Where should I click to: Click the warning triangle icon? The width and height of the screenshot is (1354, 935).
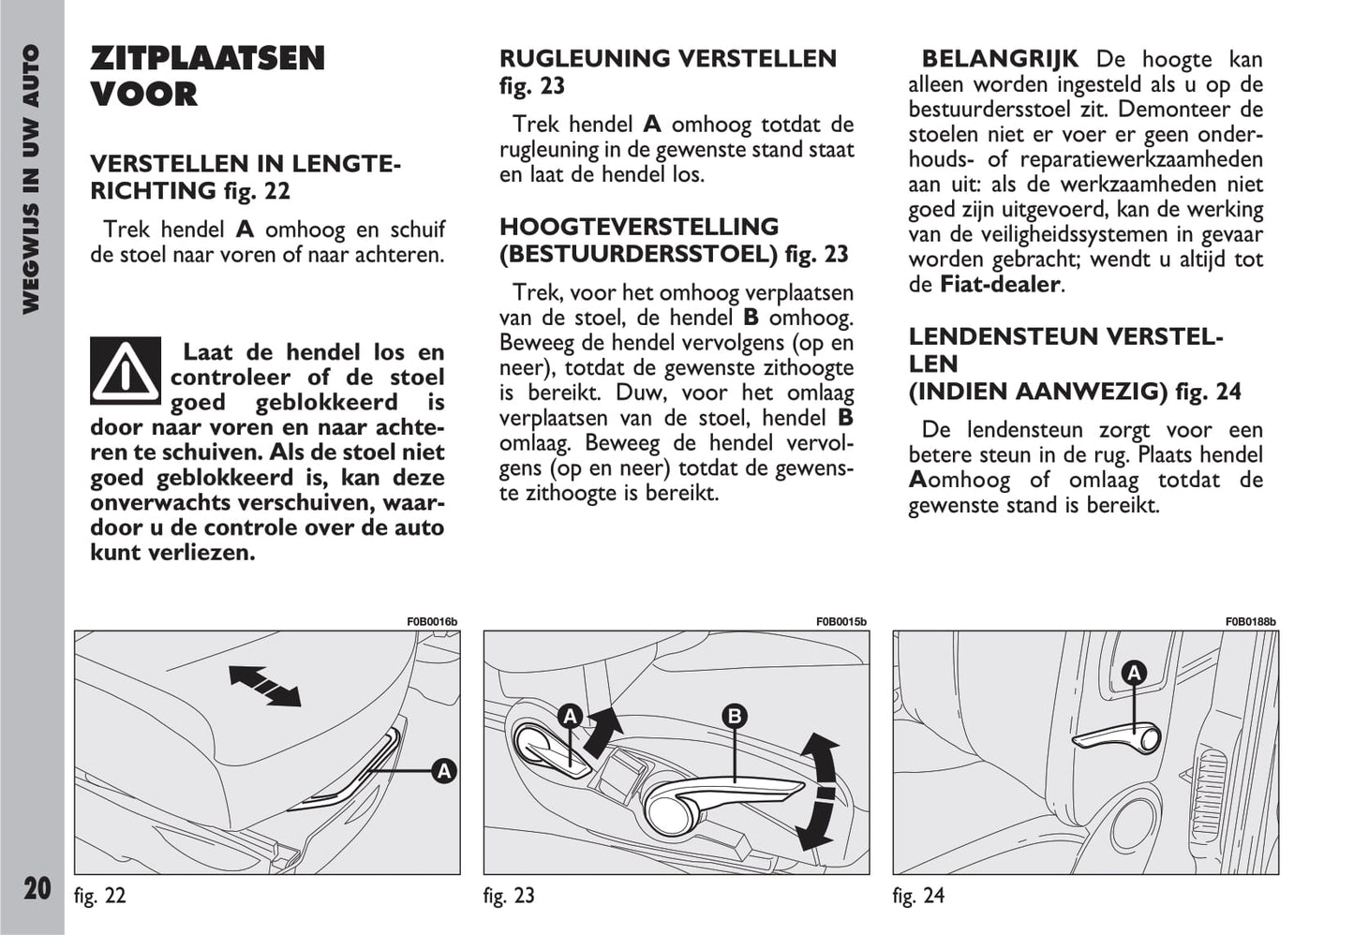126,371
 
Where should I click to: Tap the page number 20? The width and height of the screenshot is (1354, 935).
37,887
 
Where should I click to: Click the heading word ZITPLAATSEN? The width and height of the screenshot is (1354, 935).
207,59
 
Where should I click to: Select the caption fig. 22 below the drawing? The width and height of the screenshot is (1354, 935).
99,896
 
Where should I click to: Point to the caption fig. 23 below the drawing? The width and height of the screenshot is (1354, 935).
509,896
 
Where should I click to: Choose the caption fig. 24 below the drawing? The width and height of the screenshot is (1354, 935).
918,896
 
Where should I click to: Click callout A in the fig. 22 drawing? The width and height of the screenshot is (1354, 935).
443,771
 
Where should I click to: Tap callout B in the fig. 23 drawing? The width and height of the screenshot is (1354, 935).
735,718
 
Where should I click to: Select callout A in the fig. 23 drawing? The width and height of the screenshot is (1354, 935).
570,718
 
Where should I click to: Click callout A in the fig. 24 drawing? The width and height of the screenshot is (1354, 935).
1134,673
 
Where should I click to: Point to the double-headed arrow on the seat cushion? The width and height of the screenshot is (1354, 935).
265,685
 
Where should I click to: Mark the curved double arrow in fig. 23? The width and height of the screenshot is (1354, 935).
818,792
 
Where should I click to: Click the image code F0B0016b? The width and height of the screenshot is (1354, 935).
432,622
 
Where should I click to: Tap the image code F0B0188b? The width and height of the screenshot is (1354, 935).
1250,622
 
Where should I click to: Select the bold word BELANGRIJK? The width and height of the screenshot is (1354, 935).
1000,60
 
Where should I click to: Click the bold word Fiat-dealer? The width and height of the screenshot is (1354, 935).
1000,285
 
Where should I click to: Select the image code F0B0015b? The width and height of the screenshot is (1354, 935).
841,622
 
